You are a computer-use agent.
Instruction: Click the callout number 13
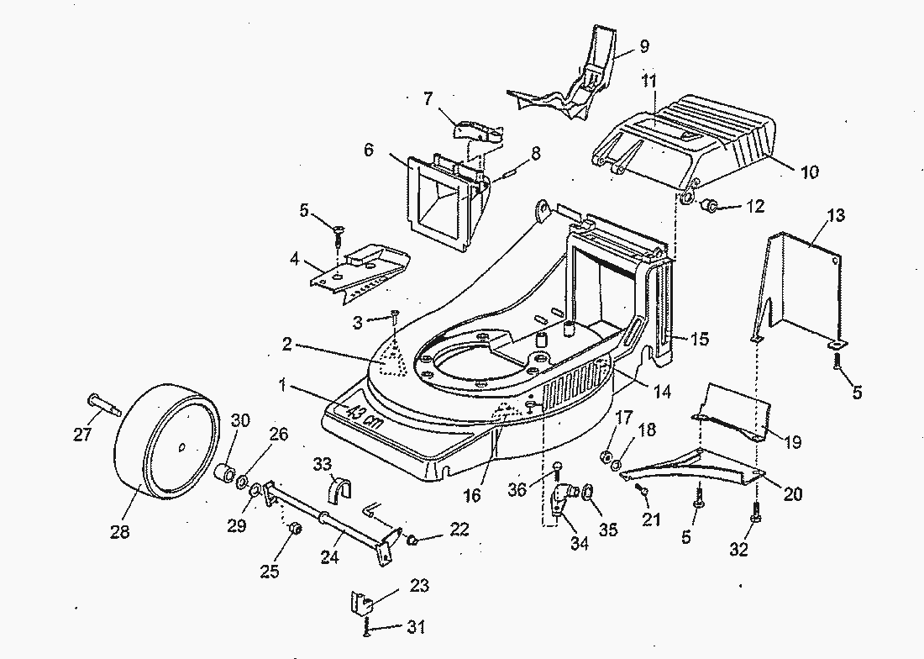click(x=835, y=215)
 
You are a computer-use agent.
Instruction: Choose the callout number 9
click(x=644, y=45)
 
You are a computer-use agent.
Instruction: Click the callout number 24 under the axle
click(x=329, y=556)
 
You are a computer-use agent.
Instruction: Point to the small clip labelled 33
click(x=339, y=489)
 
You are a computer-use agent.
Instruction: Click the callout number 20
click(x=792, y=494)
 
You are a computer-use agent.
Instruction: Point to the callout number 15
click(x=699, y=340)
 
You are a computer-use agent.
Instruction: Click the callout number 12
click(x=755, y=206)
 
